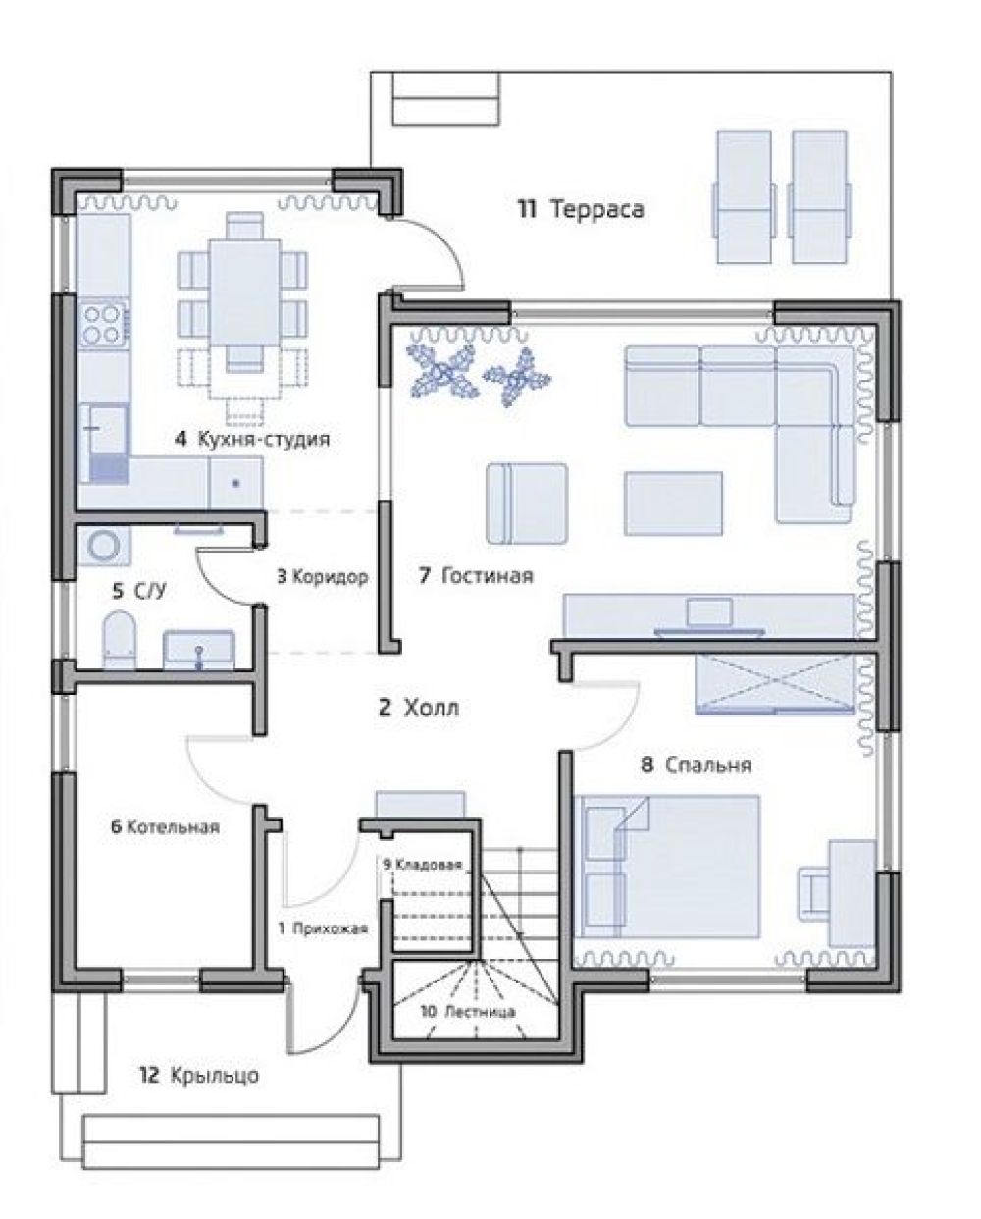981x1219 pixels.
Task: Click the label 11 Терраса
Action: click(581, 210)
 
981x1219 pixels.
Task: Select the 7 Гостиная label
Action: click(476, 575)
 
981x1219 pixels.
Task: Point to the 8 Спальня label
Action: click(697, 766)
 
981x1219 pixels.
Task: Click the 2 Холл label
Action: click(418, 708)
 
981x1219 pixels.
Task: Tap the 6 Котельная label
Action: click(165, 827)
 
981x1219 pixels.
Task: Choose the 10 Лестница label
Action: click(468, 1012)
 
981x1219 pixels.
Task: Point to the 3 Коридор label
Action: click(323, 577)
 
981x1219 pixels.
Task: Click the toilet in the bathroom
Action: click(120, 640)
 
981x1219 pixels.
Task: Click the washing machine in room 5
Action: click(104, 546)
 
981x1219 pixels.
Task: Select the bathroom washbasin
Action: click(199, 650)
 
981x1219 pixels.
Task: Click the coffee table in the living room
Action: click(673, 503)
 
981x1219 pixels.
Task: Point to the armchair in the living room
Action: click(527, 504)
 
